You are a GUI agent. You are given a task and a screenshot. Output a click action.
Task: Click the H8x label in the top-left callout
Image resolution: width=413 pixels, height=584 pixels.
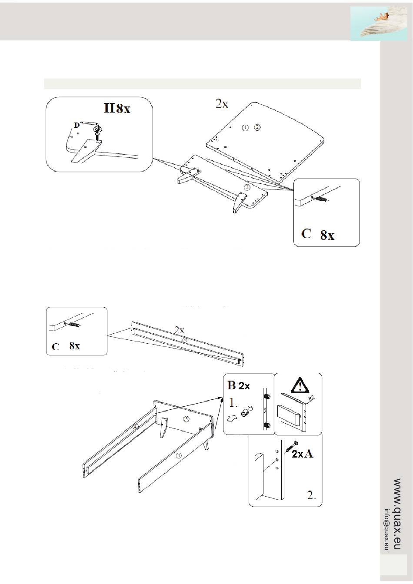[x=117, y=108]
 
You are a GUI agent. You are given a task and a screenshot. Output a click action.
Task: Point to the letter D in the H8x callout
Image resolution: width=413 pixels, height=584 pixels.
[x=77, y=125]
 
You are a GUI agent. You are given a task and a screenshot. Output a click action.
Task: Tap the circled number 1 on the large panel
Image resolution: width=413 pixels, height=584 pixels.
[x=245, y=127]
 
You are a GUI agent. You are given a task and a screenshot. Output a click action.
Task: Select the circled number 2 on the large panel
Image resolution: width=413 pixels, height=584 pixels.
[x=257, y=127]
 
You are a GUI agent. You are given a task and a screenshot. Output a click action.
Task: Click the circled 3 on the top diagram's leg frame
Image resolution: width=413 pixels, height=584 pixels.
[x=247, y=188]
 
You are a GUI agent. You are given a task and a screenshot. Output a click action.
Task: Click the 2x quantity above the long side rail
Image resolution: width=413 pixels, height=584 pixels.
[x=179, y=330]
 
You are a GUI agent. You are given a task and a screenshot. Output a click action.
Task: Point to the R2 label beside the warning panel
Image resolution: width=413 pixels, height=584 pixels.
[x=311, y=398]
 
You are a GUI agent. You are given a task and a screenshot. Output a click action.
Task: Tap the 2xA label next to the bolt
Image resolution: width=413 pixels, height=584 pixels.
[x=302, y=454]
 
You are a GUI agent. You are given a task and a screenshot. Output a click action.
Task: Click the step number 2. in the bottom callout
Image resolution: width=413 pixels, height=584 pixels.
[x=311, y=495]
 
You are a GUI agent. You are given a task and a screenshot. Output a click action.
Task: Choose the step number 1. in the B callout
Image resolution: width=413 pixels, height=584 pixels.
[x=233, y=403]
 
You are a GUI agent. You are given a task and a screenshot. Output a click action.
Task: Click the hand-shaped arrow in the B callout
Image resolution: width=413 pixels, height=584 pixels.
[x=233, y=418]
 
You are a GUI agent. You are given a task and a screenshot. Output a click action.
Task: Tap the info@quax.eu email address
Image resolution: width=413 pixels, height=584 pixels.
[x=386, y=529]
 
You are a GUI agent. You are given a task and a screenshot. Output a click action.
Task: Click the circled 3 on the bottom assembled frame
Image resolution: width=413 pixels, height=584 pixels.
[x=186, y=419]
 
